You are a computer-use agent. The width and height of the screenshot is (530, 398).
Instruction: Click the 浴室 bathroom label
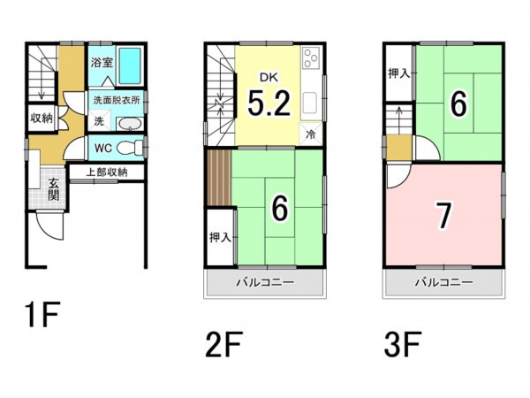102,63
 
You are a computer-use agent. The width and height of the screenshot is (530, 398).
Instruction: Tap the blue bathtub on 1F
130,65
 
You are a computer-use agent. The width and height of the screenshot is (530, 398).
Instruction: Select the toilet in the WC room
130,148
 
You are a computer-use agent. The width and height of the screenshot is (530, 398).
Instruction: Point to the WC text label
103,148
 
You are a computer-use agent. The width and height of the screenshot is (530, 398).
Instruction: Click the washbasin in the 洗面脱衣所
131,124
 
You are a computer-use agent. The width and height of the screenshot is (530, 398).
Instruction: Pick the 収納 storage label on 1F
42,119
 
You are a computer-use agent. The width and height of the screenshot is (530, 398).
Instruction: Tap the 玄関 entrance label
53,189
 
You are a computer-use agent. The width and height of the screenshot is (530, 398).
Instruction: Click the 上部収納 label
107,172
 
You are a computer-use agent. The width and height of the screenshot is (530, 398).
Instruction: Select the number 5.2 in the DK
269,103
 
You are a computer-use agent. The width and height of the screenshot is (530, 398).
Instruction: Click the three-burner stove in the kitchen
311,58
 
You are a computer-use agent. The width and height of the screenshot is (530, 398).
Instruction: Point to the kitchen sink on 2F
310,103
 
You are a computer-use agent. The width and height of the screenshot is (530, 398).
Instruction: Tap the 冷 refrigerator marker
310,134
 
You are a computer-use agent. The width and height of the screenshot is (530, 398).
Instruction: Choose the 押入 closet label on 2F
220,238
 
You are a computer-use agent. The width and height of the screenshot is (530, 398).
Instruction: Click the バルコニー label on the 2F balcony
265,282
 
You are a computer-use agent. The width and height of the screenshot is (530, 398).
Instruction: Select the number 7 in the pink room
443,215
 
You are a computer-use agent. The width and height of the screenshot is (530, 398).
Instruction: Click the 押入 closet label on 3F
399,73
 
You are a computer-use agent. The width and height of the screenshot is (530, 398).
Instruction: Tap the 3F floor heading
402,345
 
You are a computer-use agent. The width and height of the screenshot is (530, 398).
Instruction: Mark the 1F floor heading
42,314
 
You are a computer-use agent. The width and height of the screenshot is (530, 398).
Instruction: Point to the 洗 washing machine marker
99,121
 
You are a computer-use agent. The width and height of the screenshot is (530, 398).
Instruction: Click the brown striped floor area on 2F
219,178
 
